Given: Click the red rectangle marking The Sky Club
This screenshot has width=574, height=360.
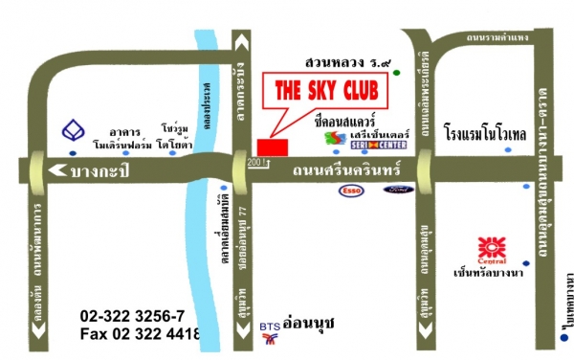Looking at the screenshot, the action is click(272, 146).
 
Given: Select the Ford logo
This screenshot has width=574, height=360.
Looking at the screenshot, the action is click(397, 190).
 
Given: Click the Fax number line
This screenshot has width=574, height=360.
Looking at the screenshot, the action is click(140, 333).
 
